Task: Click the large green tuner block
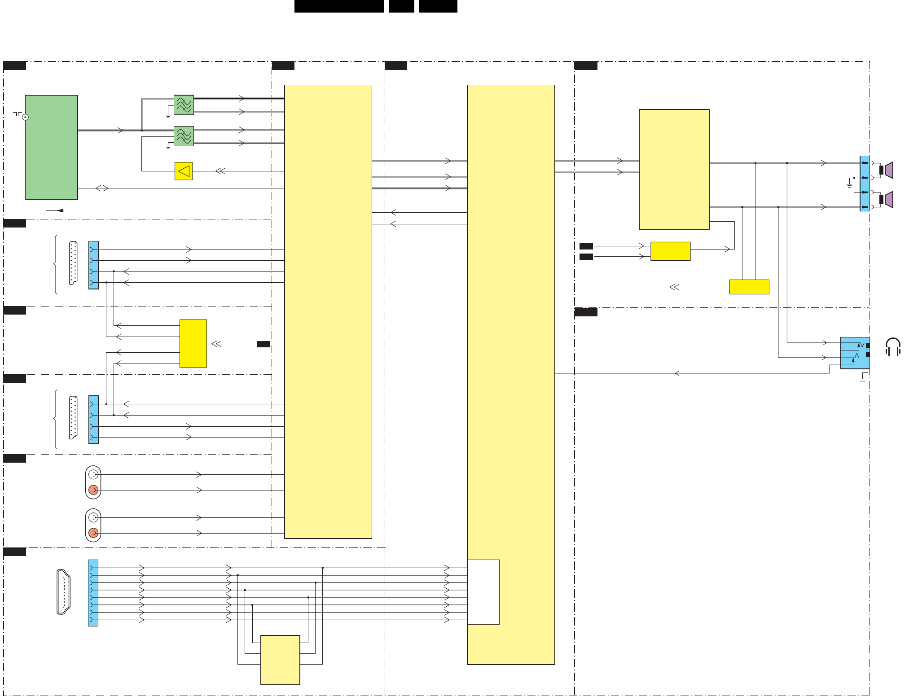pos(51,147)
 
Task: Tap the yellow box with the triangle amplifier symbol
pos(183,171)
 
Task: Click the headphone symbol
pos(893,347)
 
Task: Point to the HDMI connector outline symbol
pos(63,591)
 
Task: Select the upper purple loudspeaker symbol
pos(888,170)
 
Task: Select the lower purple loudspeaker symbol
pos(888,200)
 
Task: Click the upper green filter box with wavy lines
pos(184,105)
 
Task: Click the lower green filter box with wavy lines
pos(184,136)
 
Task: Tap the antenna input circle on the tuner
pos(26,117)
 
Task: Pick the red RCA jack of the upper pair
pos(93,490)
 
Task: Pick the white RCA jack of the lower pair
pos(93,517)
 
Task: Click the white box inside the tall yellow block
pos(483,591)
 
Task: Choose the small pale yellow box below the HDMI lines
pos(280,659)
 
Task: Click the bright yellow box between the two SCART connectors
pos(193,343)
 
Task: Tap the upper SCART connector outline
pos(73,263)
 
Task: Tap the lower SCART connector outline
pos(73,417)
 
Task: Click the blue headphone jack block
pos(854,353)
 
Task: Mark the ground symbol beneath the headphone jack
pos(862,380)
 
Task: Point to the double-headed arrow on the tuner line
pos(102,188)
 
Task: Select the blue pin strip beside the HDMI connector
pos(93,593)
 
